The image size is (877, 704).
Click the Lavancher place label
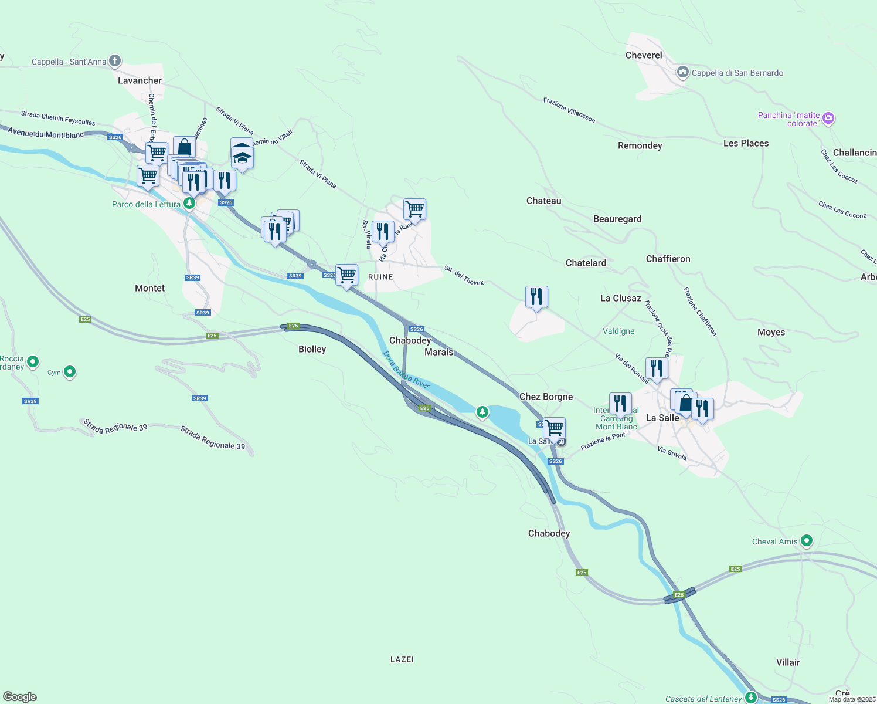(140, 80)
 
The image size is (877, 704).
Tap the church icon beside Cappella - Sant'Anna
(115, 60)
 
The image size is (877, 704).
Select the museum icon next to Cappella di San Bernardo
(682, 72)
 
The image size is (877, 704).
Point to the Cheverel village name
(644, 55)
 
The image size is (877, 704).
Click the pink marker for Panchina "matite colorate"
(828, 119)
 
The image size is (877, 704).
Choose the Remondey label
(640, 145)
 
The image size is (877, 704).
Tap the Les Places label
(746, 143)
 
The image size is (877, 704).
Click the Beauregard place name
(617, 219)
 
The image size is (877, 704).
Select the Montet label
(149, 288)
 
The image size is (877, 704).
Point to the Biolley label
(312, 349)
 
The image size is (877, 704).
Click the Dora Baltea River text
(406, 370)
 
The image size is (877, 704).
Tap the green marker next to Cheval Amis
(807, 540)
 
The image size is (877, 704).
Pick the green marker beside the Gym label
(70, 371)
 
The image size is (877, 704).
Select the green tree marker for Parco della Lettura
(189, 203)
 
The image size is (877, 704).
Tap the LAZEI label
(402, 659)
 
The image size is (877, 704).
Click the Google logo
(20, 697)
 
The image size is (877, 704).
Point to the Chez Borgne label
(546, 397)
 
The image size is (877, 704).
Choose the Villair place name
(788, 662)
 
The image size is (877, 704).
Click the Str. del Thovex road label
(464, 276)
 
